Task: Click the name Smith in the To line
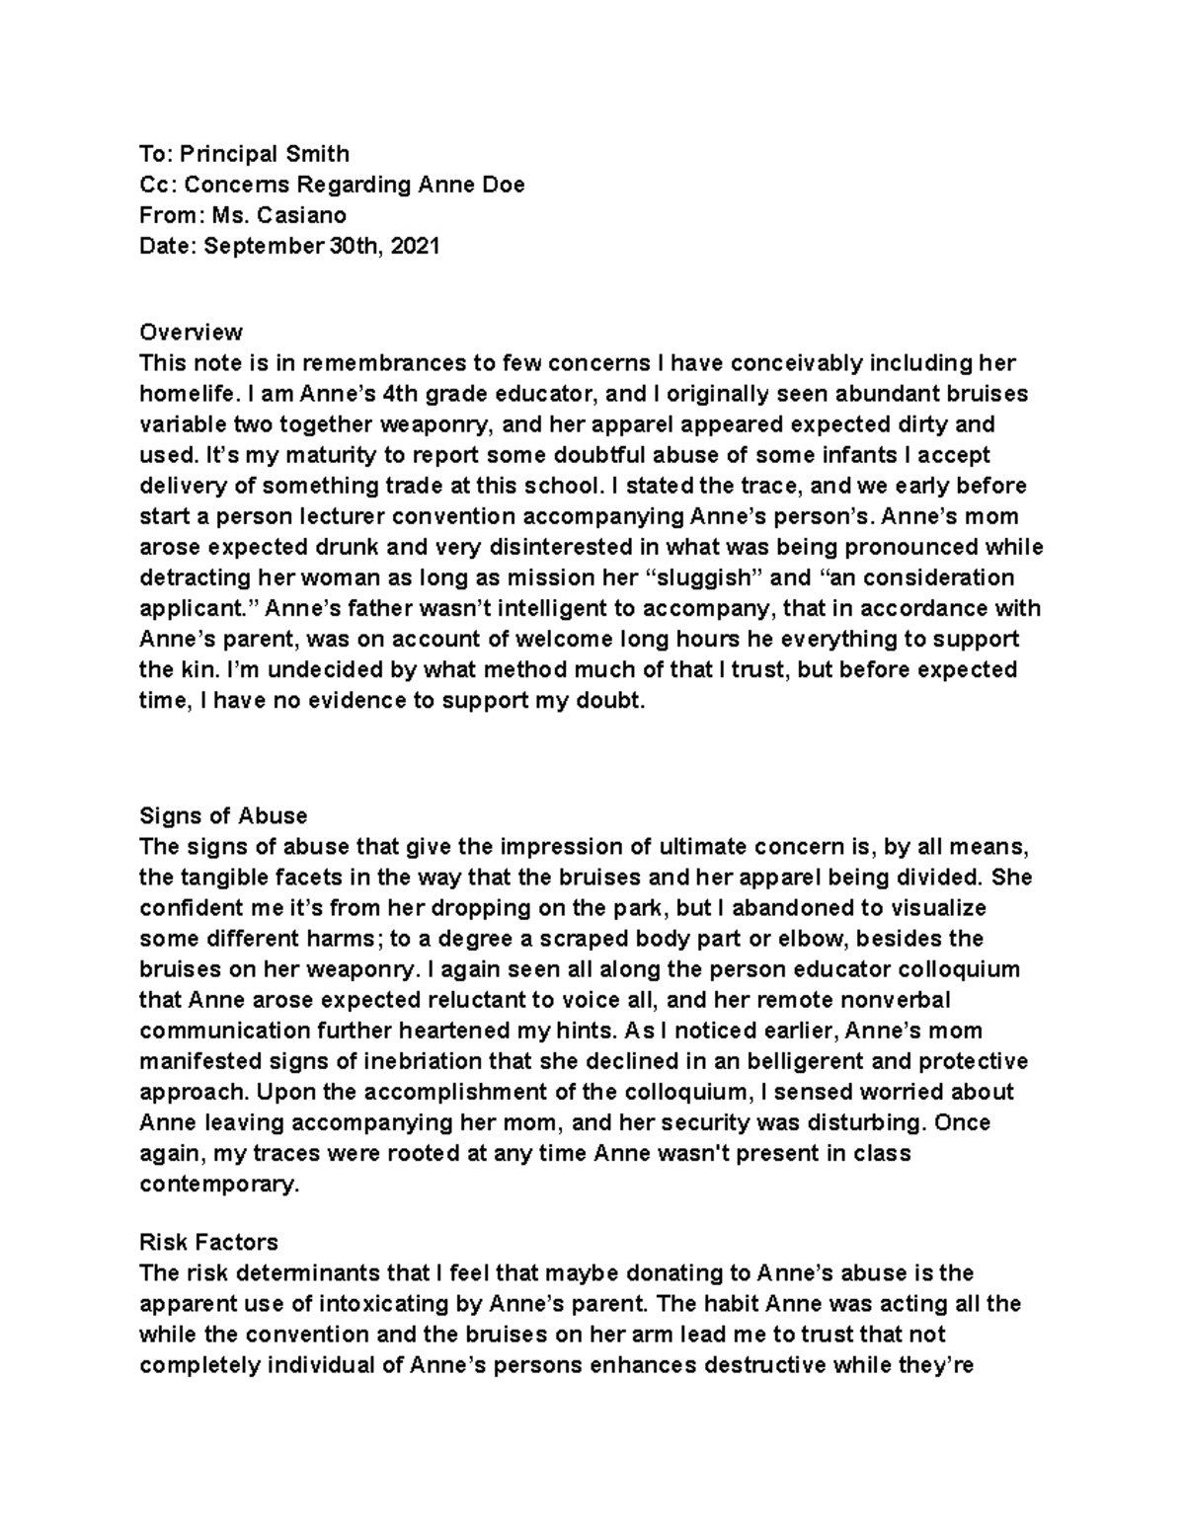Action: click(317, 153)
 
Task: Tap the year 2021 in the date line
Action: click(415, 246)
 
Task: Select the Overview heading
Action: click(191, 331)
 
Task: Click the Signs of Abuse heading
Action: click(223, 815)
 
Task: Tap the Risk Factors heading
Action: click(208, 1242)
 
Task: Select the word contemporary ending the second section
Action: click(218, 1184)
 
